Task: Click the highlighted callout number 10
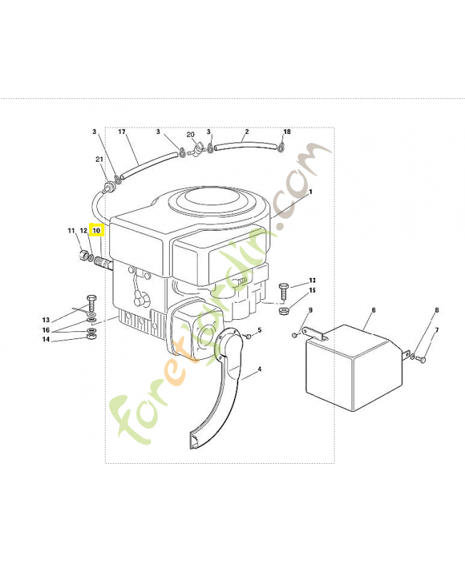[97, 230]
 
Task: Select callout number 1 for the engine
[310, 192]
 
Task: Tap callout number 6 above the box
[374, 310]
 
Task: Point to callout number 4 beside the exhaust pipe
[260, 369]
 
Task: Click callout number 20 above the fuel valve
[190, 135]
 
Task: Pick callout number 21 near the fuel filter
[99, 159]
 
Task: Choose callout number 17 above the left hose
[121, 132]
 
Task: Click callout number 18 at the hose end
[287, 132]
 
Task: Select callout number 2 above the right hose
[247, 132]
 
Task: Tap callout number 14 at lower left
[46, 340]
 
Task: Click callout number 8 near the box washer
[437, 310]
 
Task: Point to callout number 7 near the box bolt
[437, 330]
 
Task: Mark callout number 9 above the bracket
[310, 310]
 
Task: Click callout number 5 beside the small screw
[260, 330]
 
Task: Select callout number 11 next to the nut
[71, 230]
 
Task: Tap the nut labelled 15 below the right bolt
[283, 311]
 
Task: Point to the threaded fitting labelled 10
[103, 262]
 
